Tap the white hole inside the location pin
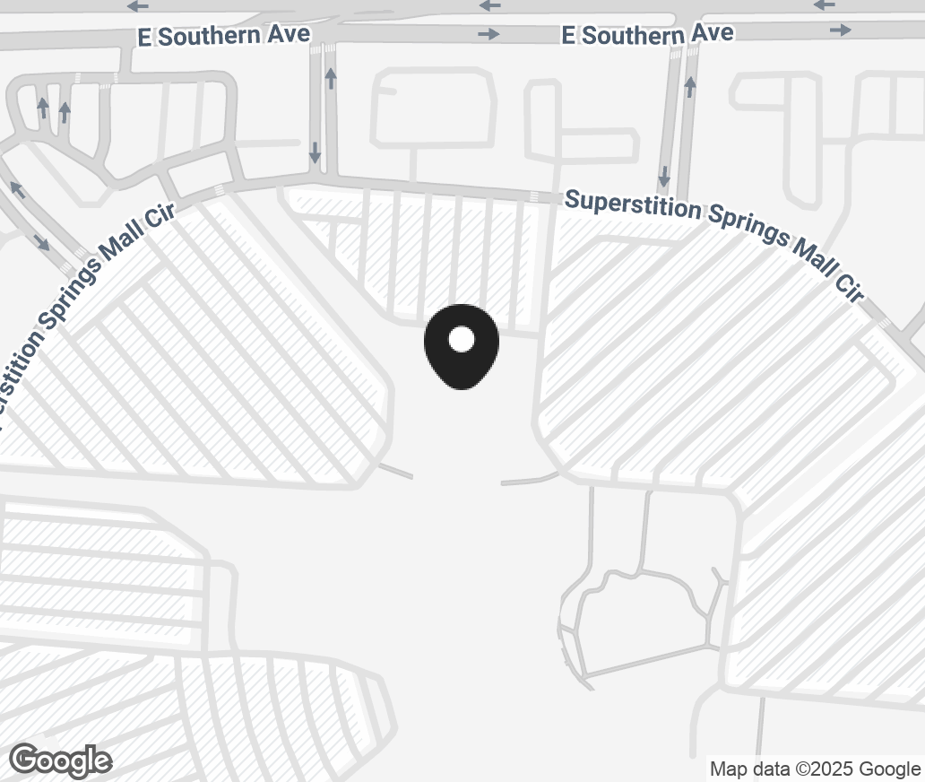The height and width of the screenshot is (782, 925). [x=461, y=339]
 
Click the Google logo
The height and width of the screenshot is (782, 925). [x=61, y=761]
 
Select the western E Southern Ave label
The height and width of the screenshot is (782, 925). [x=224, y=36]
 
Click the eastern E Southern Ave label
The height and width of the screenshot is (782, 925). [x=647, y=34]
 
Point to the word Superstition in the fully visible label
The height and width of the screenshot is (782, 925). [x=633, y=204]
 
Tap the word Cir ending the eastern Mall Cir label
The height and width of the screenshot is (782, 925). [x=848, y=287]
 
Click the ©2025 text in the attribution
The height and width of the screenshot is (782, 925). [x=822, y=769]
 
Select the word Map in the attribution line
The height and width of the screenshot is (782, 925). [x=728, y=769]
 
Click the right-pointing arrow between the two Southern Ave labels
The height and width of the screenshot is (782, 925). [x=488, y=34]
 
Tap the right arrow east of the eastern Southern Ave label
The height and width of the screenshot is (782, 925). [x=840, y=30]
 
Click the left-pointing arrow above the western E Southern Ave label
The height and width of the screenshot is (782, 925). [x=137, y=6]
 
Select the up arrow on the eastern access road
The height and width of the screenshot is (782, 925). [x=690, y=87]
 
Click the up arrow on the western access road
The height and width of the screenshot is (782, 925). [x=331, y=78]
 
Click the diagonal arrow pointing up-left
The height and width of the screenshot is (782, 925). [x=17, y=188]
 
